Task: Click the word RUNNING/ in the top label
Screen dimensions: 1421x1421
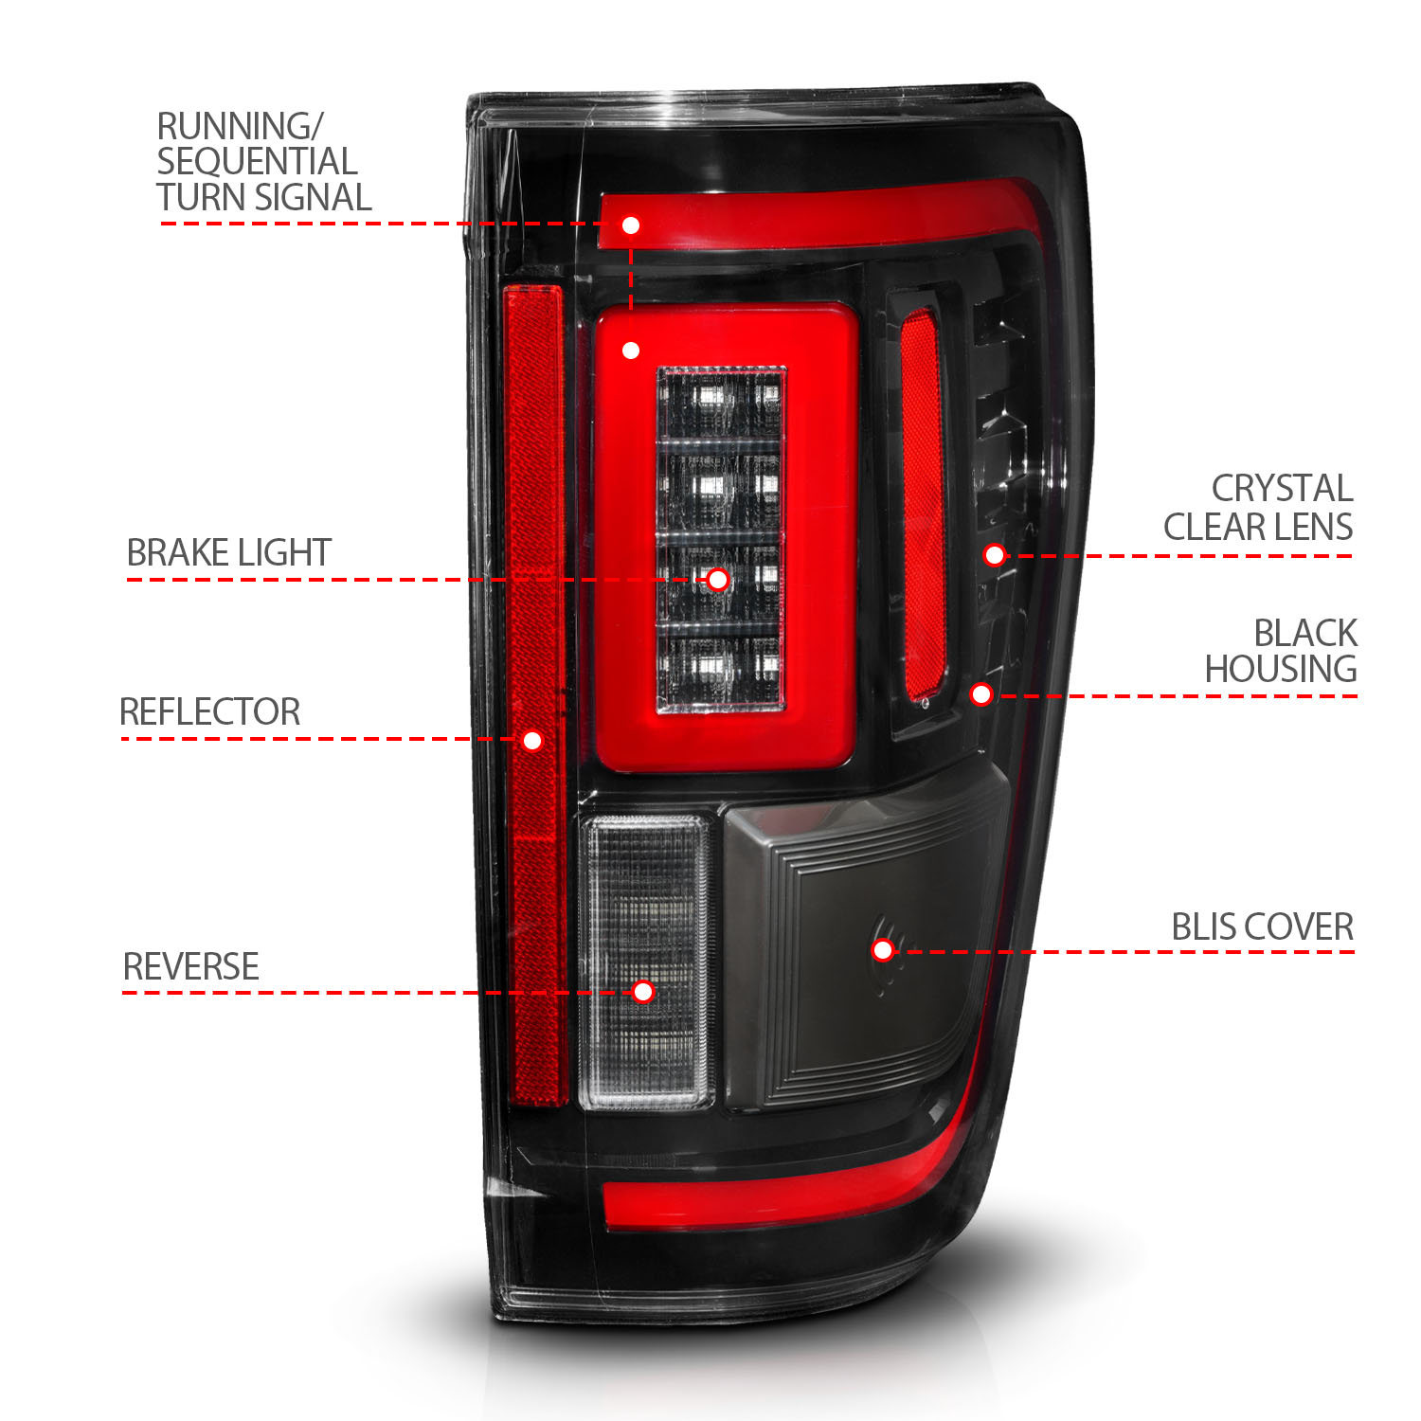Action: click(x=240, y=127)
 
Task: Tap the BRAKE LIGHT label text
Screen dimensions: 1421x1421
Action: click(x=228, y=552)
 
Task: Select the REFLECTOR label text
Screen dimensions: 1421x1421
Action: click(x=209, y=711)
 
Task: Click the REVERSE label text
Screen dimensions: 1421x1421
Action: click(x=190, y=966)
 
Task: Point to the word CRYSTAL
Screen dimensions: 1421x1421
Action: click(x=1282, y=489)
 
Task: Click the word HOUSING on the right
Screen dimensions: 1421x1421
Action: click(x=1280, y=669)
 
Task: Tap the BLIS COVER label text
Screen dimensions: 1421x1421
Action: click(x=1262, y=926)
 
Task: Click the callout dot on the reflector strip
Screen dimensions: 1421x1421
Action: click(x=532, y=740)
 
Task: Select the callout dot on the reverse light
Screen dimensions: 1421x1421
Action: click(x=643, y=992)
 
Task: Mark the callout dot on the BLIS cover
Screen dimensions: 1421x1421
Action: click(x=883, y=949)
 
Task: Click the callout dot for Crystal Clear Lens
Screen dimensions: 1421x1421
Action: click(x=994, y=555)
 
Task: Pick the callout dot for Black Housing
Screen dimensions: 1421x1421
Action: click(x=981, y=694)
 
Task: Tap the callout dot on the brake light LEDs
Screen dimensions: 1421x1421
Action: click(x=718, y=580)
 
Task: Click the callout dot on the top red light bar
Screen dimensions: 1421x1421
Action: click(x=631, y=225)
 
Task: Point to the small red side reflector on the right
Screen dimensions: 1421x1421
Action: click(x=923, y=502)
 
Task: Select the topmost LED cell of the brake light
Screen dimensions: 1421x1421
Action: click(x=721, y=404)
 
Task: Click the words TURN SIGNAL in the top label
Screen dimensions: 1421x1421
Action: click(x=263, y=197)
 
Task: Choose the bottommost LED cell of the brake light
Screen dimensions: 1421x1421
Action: click(x=721, y=671)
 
